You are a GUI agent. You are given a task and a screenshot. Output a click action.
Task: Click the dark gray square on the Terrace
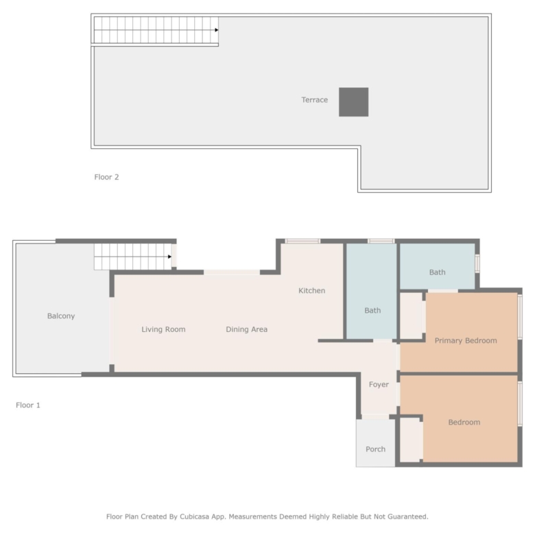(x=353, y=102)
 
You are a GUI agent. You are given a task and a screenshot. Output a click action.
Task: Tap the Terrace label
(x=315, y=99)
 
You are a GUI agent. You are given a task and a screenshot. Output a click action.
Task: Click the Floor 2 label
(x=106, y=177)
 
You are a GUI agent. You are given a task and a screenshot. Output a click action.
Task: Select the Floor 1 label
(x=28, y=405)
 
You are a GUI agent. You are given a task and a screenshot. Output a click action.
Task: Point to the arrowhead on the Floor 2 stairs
(x=216, y=30)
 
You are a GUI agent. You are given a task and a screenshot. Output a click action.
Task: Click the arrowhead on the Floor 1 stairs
(x=169, y=257)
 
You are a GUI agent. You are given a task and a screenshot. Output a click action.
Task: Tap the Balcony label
(x=61, y=316)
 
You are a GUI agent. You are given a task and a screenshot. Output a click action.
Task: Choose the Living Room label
(x=163, y=329)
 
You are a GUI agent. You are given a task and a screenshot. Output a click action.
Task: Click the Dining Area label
(x=247, y=329)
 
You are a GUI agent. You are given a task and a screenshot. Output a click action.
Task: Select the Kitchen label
(x=312, y=290)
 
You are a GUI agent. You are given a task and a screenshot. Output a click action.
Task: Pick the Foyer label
(x=379, y=385)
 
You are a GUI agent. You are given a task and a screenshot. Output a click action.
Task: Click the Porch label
(x=375, y=449)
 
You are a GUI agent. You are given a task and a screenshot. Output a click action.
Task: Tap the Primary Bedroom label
(x=466, y=340)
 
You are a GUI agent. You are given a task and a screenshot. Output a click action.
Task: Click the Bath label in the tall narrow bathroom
(x=372, y=311)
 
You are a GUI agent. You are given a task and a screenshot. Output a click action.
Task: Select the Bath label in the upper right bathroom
(x=438, y=272)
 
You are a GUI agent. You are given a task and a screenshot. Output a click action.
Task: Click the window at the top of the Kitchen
(x=302, y=241)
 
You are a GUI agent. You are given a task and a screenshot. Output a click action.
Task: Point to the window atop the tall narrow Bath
(x=381, y=241)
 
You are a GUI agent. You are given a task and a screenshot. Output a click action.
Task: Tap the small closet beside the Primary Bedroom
(x=411, y=316)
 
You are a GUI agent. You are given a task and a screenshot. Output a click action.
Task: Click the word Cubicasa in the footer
(x=195, y=516)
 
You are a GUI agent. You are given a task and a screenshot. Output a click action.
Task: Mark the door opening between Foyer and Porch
(x=375, y=416)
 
